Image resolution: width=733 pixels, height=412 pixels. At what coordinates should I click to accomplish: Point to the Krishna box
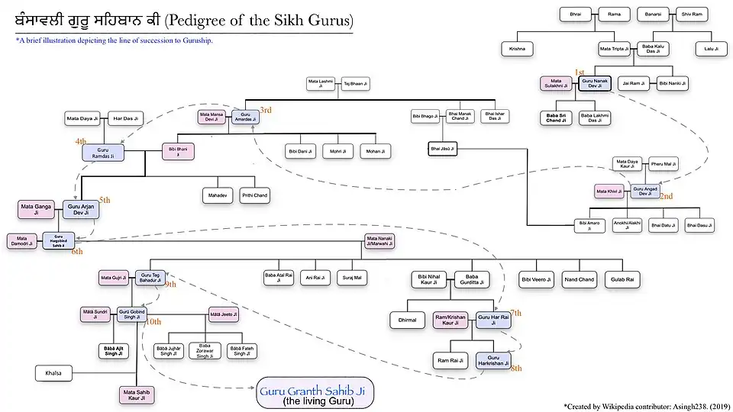[518, 50]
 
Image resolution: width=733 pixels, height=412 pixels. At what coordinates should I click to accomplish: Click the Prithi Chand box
[255, 196]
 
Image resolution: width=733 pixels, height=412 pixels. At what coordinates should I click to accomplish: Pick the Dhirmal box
[408, 320]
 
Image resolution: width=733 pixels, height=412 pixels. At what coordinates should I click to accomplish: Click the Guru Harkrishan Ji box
[493, 360]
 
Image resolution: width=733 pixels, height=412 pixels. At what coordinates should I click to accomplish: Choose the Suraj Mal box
[352, 278]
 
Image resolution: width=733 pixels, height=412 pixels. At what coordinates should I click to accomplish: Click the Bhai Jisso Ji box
[442, 149]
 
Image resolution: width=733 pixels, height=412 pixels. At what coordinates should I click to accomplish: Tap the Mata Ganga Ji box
[37, 209]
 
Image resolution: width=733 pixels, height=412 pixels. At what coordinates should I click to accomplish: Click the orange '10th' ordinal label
[153, 322]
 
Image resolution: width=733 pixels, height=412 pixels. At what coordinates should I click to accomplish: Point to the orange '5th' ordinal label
[105, 200]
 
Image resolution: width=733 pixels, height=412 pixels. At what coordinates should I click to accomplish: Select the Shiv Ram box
[692, 14]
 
